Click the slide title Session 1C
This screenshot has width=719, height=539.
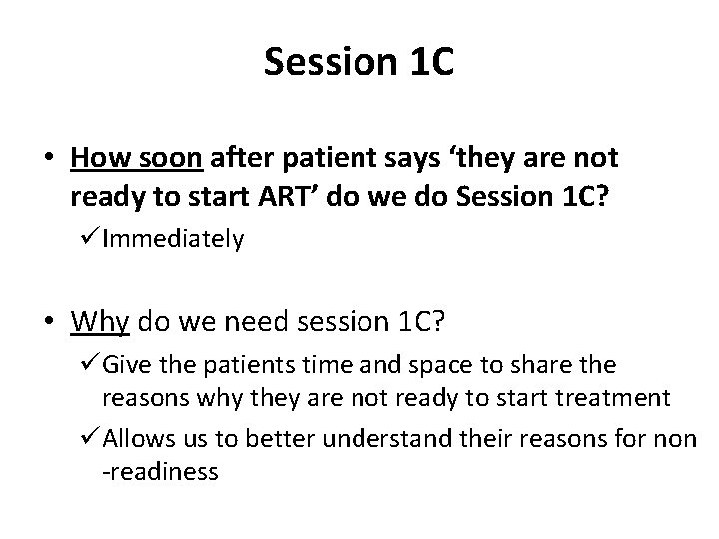(x=359, y=63)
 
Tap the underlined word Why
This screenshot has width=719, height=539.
(x=98, y=322)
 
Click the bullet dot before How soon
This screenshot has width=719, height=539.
(x=50, y=160)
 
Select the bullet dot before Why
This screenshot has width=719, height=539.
(x=50, y=323)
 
